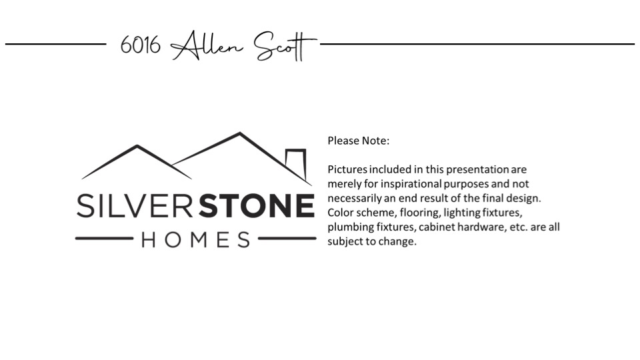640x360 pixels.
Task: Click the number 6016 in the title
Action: [x=141, y=45]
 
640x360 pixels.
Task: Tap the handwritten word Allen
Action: [x=206, y=46]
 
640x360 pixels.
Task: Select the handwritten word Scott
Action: [x=285, y=46]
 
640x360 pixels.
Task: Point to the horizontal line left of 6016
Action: [x=55, y=44]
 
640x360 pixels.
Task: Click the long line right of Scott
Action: [x=477, y=44]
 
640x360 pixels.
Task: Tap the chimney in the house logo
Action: [x=296, y=164]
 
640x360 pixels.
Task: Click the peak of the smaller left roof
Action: [x=137, y=146]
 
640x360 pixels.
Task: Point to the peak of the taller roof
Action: [x=239, y=133]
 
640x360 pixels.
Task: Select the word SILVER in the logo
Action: [x=135, y=206]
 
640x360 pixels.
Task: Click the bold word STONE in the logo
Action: [x=256, y=206]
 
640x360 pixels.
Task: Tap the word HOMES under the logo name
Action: [x=196, y=239]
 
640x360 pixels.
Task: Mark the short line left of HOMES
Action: [x=105, y=239]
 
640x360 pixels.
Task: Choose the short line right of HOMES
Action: [x=287, y=239]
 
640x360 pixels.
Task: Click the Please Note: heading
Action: [x=359, y=141]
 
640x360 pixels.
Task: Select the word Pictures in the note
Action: [x=347, y=169]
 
